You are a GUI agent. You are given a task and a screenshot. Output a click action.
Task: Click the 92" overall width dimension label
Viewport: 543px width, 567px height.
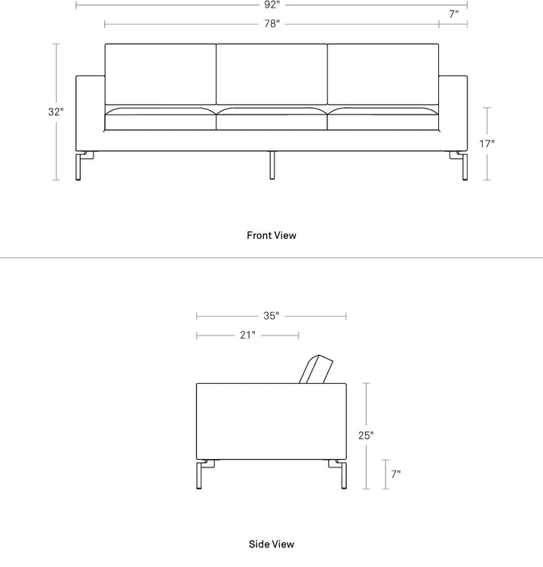click(271, 5)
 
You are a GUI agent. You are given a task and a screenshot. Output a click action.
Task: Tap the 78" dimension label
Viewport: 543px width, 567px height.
click(271, 24)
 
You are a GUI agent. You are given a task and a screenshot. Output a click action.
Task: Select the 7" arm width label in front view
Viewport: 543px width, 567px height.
click(454, 14)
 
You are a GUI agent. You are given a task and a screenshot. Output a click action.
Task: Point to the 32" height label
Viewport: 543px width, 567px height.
click(56, 112)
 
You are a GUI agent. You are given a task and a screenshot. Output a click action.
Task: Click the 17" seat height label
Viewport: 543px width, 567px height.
click(487, 144)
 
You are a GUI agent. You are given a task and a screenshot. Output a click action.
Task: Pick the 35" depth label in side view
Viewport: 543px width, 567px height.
click(271, 316)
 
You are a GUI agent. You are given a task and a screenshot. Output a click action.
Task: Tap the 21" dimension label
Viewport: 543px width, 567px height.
click(247, 336)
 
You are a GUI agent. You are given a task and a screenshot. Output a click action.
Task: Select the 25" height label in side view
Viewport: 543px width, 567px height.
click(366, 435)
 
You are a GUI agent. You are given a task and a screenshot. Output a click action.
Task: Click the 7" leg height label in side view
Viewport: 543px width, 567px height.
click(396, 474)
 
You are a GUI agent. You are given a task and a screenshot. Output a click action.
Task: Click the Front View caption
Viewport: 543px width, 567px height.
click(271, 235)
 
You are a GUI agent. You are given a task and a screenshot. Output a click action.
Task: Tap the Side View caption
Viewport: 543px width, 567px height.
click(271, 544)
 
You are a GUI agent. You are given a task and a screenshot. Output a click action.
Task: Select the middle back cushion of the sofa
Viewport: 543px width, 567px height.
click(271, 74)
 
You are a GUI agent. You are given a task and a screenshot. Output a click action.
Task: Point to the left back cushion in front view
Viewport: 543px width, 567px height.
click(161, 74)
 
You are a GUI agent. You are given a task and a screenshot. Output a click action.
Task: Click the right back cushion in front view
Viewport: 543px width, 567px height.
click(383, 74)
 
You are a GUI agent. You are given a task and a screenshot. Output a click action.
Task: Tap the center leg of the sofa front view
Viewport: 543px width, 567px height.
click(272, 165)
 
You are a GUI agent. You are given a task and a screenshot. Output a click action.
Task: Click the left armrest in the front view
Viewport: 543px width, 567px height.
click(90, 113)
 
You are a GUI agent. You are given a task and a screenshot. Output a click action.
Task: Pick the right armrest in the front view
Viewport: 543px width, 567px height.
click(453, 113)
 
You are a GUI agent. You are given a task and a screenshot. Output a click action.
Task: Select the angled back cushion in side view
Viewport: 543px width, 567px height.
click(316, 369)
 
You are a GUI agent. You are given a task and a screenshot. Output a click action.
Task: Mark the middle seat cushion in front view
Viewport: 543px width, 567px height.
click(271, 118)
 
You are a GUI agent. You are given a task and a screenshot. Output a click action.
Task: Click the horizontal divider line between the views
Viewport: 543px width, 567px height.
click(271, 258)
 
